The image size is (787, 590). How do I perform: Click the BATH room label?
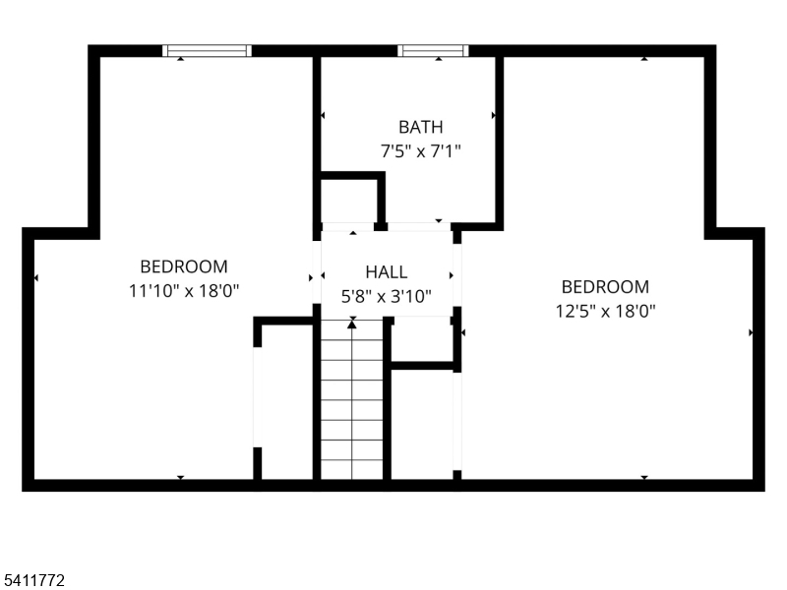pyautogui.click(x=421, y=127)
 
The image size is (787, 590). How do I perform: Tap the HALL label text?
pyautogui.click(x=386, y=272)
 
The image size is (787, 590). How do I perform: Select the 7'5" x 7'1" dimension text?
pyautogui.click(x=421, y=150)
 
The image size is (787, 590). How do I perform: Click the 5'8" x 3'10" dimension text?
pyautogui.click(x=386, y=296)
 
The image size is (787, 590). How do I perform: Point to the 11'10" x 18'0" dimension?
pyautogui.click(x=184, y=290)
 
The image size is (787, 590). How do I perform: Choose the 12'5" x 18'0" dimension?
pyautogui.click(x=605, y=311)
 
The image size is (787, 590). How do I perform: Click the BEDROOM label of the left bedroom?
pyautogui.click(x=184, y=266)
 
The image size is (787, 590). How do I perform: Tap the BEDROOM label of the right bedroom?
pyautogui.click(x=605, y=287)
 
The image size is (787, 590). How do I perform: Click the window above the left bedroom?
pyautogui.click(x=207, y=51)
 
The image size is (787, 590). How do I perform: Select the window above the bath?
pyautogui.click(x=433, y=51)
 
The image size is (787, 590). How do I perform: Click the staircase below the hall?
pyautogui.click(x=352, y=399)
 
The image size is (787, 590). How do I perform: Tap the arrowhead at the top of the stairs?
pyautogui.click(x=352, y=324)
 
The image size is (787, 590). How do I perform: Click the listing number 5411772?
pyautogui.click(x=32, y=580)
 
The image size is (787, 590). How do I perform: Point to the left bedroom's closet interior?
pyautogui.click(x=287, y=401)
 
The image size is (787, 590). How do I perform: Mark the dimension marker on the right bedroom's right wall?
pyautogui.click(x=751, y=332)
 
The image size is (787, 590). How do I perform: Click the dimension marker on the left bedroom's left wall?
pyautogui.click(x=36, y=277)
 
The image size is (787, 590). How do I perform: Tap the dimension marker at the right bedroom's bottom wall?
pyautogui.click(x=644, y=477)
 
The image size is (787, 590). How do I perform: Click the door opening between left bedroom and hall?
pyautogui.click(x=317, y=272)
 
